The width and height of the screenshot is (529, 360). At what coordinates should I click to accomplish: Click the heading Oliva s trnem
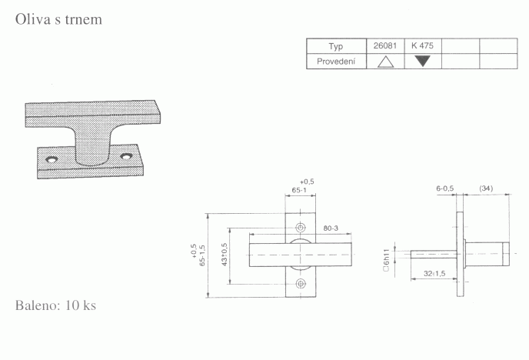(x=58, y=19)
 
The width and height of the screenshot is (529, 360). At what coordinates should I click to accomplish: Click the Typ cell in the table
(x=336, y=46)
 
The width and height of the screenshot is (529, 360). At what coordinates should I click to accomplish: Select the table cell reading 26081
(x=385, y=45)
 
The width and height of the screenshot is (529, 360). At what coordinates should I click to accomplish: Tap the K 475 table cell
(x=422, y=45)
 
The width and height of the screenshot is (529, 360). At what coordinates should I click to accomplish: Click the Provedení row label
(x=336, y=62)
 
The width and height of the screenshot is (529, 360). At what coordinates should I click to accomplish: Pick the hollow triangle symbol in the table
(x=386, y=62)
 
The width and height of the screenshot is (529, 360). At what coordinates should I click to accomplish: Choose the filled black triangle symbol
(x=422, y=61)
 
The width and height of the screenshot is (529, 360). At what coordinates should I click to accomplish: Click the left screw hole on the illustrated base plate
(x=52, y=159)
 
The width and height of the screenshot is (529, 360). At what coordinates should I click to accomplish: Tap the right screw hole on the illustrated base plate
(x=126, y=157)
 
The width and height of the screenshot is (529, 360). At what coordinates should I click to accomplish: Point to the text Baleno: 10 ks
(x=55, y=305)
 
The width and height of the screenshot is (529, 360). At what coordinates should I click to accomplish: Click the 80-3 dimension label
(x=331, y=228)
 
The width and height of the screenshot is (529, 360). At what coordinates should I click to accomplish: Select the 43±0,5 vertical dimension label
(x=225, y=255)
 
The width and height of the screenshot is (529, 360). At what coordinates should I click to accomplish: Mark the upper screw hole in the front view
(x=301, y=228)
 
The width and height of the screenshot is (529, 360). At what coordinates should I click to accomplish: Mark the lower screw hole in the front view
(x=301, y=284)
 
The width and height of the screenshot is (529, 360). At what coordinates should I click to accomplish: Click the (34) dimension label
(x=486, y=188)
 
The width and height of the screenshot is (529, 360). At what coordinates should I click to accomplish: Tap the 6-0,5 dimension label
(x=445, y=188)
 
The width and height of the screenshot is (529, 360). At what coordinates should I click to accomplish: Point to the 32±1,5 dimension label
(x=434, y=273)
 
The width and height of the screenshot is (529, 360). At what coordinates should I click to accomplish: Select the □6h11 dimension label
(x=386, y=261)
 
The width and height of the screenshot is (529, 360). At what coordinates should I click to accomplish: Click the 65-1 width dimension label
(x=299, y=190)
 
